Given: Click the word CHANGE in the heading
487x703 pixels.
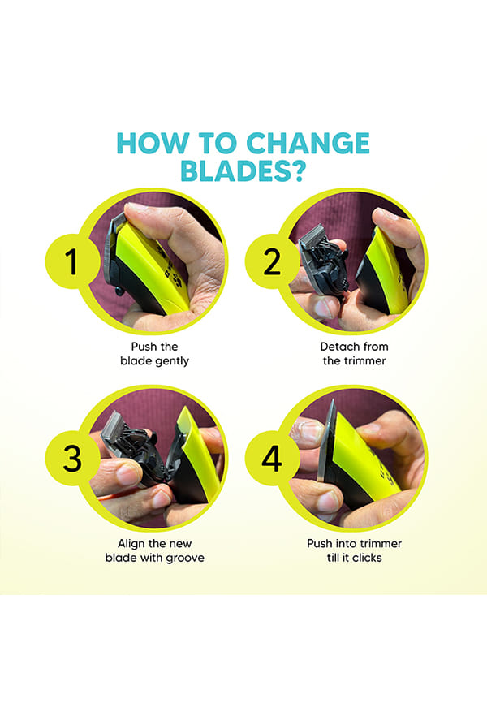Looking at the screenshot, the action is pos(308,144).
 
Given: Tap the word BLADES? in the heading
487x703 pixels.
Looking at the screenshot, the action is pos(243,170).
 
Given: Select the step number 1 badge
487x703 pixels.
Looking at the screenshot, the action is pos(72,261).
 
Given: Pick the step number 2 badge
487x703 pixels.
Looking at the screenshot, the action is pos(272,261).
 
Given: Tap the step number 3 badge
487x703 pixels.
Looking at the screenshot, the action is pos(72,458).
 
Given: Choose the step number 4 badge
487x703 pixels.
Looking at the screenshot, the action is pos(272,458).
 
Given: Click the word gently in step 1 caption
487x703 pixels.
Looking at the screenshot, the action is pos(172,361).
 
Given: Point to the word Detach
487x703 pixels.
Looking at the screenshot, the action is pos(336,347).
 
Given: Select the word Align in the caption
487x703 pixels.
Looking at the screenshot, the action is pos(130,544).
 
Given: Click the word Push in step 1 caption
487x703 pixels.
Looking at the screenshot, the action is pos(140,347).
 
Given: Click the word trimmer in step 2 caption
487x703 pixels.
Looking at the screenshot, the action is pos(366,361).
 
